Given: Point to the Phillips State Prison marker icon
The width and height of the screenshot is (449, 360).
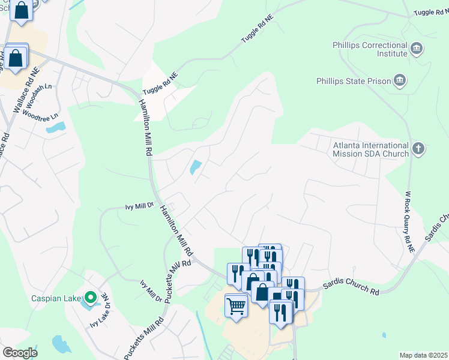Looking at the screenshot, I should (399, 80).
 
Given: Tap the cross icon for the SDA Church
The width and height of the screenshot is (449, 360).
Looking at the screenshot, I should (418, 148).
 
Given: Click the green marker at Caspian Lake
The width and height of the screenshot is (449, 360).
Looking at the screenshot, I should (90, 297).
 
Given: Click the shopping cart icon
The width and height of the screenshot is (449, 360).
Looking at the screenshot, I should (236, 306).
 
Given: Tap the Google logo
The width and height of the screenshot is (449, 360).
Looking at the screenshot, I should (20, 353).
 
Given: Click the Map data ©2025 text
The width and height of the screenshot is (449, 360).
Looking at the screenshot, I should (423, 355).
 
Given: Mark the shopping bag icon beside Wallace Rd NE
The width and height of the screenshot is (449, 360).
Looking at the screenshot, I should (16, 58).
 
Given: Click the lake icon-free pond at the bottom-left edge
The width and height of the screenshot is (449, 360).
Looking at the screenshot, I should (61, 344).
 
